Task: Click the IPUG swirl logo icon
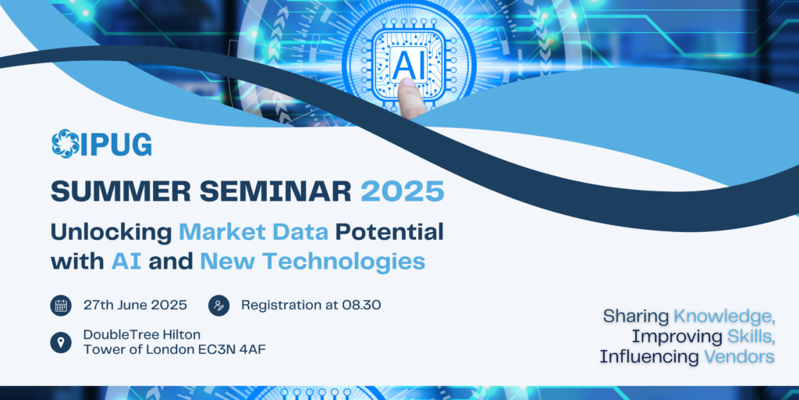point(66,144)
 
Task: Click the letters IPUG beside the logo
point(116,144)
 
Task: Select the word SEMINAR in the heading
point(275,192)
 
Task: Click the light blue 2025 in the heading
point(403,192)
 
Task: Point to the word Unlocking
point(112,234)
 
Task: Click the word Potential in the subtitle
point(389,232)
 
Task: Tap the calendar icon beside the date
point(61,305)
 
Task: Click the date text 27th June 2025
point(135,305)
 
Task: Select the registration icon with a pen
point(219,305)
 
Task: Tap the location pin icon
point(61,342)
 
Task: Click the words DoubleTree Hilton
point(142,334)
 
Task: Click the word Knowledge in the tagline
point(724,317)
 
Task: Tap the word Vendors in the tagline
point(740,356)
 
